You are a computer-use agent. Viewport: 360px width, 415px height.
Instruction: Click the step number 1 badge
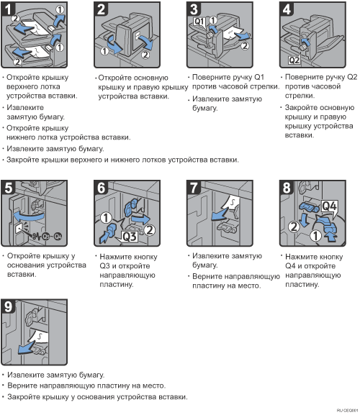click(8, 9)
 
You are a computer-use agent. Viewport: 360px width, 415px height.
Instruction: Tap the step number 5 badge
click(8, 188)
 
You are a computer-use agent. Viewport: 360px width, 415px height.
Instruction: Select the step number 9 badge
click(8, 306)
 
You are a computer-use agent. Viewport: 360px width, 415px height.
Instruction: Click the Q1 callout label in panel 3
click(199, 22)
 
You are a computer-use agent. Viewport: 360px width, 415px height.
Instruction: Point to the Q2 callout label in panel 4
click(294, 60)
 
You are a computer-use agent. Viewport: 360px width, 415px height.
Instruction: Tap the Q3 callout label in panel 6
click(130, 237)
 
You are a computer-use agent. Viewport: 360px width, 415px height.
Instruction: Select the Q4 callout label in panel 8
click(329, 206)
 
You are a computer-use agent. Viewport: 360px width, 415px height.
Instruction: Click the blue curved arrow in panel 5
click(29, 216)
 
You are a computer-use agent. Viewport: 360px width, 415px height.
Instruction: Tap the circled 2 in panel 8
click(294, 227)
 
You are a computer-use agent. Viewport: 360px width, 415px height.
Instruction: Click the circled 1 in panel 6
click(106, 218)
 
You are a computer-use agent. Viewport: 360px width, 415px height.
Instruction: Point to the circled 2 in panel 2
click(145, 55)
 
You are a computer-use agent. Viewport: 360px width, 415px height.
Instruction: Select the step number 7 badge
click(194, 188)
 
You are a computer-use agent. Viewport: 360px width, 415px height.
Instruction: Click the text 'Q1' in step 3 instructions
click(259, 77)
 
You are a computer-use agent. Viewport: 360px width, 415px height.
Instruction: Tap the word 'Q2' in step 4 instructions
click(352, 77)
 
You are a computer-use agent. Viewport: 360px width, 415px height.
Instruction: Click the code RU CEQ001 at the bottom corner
click(348, 410)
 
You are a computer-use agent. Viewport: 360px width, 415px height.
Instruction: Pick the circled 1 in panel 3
click(213, 20)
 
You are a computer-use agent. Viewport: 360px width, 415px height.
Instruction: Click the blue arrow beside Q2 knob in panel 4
click(305, 42)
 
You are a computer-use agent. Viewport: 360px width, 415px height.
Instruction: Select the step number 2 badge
click(101, 9)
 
